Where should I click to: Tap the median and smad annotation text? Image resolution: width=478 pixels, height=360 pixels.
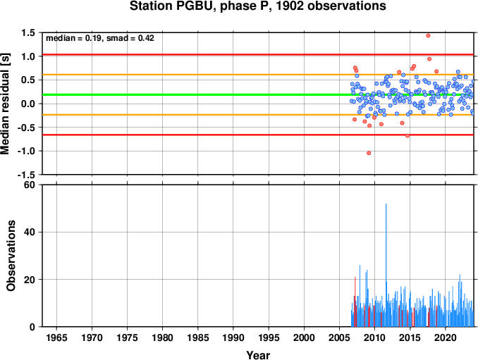100,38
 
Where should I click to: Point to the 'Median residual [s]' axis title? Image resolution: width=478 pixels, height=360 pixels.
5,104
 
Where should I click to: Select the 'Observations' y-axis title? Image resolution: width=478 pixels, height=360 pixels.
11,256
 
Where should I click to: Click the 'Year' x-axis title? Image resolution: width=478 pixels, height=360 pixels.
258,355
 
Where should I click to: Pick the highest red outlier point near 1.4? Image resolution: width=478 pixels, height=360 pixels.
428,36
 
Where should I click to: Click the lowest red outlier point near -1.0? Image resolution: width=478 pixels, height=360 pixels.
369,153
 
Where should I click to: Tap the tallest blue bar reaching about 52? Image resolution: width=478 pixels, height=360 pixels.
386,265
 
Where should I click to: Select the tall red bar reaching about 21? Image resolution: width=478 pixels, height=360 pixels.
355,302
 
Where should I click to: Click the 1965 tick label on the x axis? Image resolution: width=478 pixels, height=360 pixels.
56,337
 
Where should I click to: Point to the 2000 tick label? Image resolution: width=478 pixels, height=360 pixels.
304,337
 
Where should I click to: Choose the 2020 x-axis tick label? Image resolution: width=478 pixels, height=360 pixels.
446,337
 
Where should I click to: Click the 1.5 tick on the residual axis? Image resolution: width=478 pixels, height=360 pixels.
28,32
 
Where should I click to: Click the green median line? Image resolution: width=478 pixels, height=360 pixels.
258,94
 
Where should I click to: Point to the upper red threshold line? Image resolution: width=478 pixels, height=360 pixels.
258,54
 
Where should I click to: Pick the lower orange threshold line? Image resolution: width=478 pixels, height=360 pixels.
258,115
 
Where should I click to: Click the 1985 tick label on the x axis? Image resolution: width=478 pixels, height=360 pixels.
198,337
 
